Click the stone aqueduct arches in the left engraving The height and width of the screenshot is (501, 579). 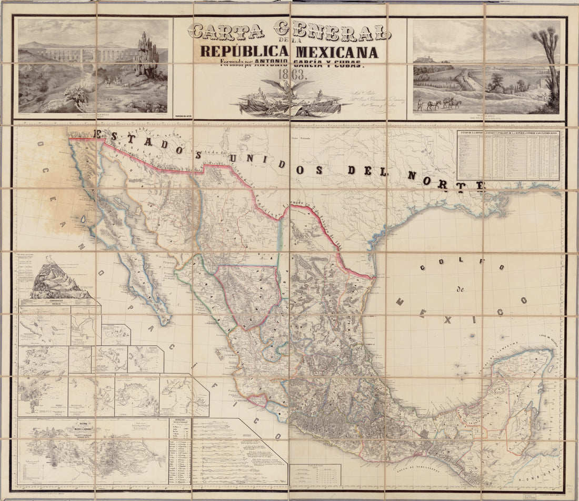pos(79,53)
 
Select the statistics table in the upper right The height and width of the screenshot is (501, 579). pos(508,155)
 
